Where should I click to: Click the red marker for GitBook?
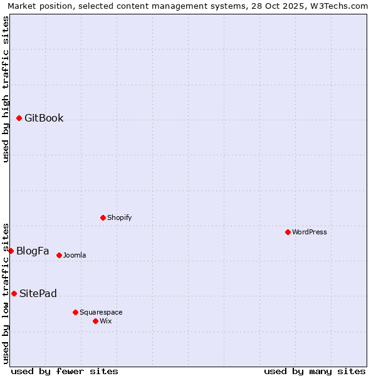(19, 118)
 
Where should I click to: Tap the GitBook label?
(44, 118)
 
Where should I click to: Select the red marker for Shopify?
(103, 217)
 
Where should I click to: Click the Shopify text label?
(119, 218)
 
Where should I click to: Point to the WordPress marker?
(288, 232)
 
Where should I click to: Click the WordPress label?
(310, 232)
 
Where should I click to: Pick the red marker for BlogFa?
(11, 251)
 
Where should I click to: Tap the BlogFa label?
(33, 251)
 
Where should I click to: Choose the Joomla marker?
(59, 255)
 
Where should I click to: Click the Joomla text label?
(75, 256)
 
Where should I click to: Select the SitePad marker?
(14, 293)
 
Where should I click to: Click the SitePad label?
(38, 294)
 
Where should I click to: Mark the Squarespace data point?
(75, 312)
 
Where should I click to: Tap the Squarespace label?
(101, 313)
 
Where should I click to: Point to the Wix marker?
(95, 321)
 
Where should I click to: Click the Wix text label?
(106, 321)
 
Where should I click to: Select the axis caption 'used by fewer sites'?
(65, 371)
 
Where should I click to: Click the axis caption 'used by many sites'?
(315, 371)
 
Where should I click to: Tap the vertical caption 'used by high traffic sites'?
(6, 89)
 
